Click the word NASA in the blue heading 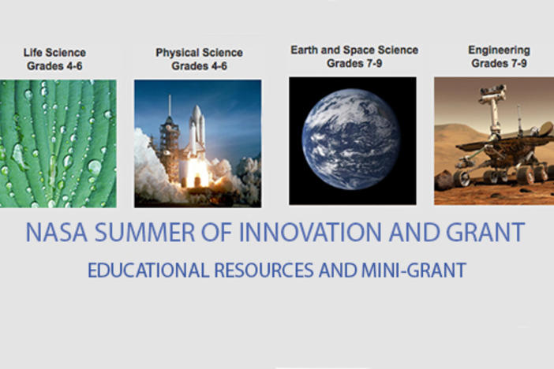tap(56, 232)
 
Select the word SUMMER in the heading tap(145, 232)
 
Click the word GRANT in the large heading tap(485, 232)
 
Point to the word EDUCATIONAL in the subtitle tap(148, 270)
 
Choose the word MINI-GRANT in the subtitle tap(414, 270)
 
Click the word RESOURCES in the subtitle tap(264, 270)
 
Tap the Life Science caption tap(54, 53)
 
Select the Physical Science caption tap(200, 53)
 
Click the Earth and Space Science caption tap(354, 50)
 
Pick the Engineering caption tap(500, 50)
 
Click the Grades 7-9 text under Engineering tap(500, 64)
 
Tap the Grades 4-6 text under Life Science tap(54, 66)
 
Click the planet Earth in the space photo tap(351, 140)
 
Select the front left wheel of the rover tap(462, 178)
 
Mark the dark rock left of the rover tap(444, 180)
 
